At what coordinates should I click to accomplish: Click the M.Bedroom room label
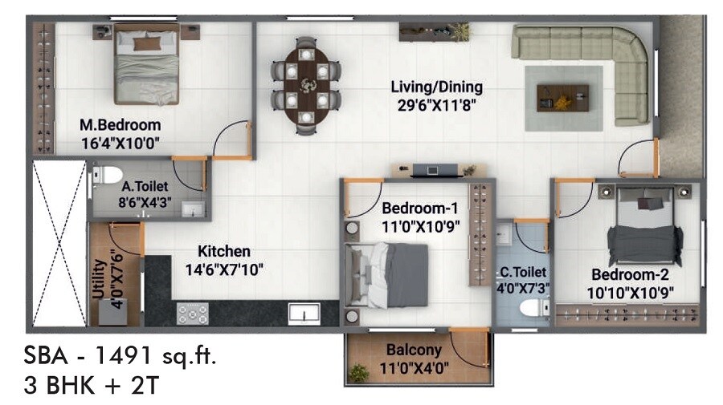[120, 125]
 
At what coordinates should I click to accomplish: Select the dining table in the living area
[306, 84]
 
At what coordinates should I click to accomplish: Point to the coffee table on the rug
[563, 97]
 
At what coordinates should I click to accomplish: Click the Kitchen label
[224, 251]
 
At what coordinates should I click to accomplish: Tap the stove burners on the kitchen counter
[193, 313]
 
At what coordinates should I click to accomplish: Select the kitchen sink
[304, 313]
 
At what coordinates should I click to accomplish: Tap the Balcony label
[413, 350]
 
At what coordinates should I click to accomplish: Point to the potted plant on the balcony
[359, 371]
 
